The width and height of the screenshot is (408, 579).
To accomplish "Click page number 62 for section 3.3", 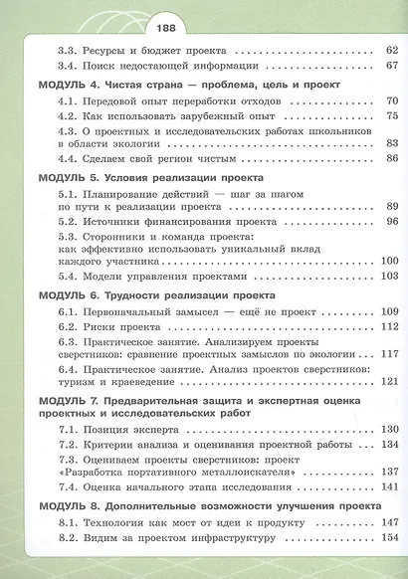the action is (391, 47).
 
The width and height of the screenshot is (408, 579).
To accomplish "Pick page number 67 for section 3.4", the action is (391, 66).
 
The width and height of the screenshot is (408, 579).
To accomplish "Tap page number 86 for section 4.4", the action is (391, 158).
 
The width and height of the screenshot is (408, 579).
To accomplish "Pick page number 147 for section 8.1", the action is (388, 521).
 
